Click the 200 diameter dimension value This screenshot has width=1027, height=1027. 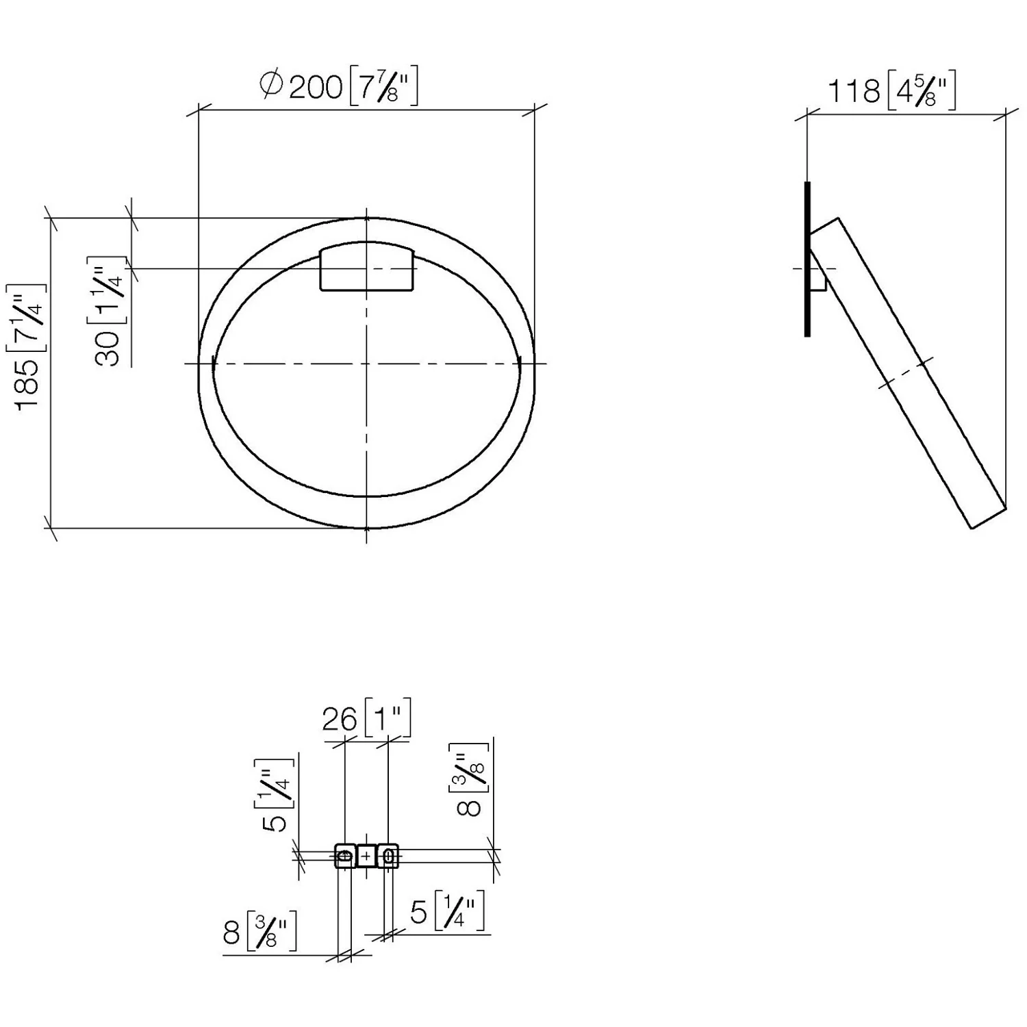click(316, 88)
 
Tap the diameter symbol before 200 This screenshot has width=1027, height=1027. click(271, 85)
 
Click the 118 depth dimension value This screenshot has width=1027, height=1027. click(854, 90)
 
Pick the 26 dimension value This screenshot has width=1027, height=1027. click(340, 720)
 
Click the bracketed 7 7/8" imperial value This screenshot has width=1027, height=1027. click(383, 86)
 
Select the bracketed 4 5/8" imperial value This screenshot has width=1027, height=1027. click(922, 91)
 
